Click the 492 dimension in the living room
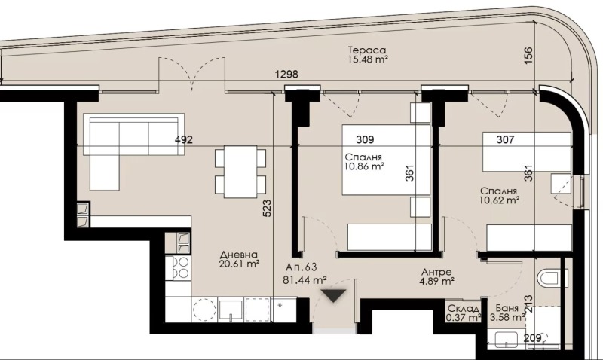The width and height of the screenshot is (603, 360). point(185,139)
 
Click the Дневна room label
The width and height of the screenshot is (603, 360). point(239,254)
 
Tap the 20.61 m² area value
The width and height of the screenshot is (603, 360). point(239,264)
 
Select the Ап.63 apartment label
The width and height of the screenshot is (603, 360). point(301,267)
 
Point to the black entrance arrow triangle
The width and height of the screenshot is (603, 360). point(334,295)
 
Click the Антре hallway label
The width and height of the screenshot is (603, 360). point(436,271)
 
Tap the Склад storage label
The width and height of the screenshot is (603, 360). point(463,308)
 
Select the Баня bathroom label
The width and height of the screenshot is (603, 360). point(506,308)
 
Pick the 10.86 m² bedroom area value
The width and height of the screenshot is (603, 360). point(366,167)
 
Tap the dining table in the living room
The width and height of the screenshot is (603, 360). point(240,171)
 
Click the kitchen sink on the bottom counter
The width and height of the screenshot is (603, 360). point(231,309)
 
